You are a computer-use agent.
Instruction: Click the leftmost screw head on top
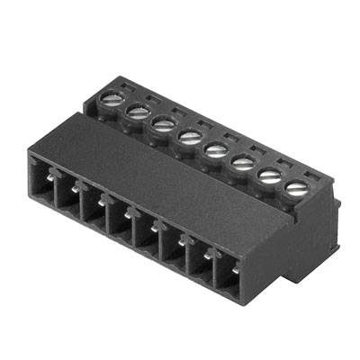pos(112,99)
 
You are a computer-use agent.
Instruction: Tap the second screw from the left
pos(138,111)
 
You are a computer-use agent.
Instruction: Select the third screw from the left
pos(163,123)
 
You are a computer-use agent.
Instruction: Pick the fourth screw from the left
pos(190,136)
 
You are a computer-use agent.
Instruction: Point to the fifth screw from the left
pos(216,148)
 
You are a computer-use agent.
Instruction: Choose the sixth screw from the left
pos(242,162)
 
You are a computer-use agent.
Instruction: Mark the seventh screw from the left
pos(268,175)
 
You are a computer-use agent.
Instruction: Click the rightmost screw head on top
pos(295,188)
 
